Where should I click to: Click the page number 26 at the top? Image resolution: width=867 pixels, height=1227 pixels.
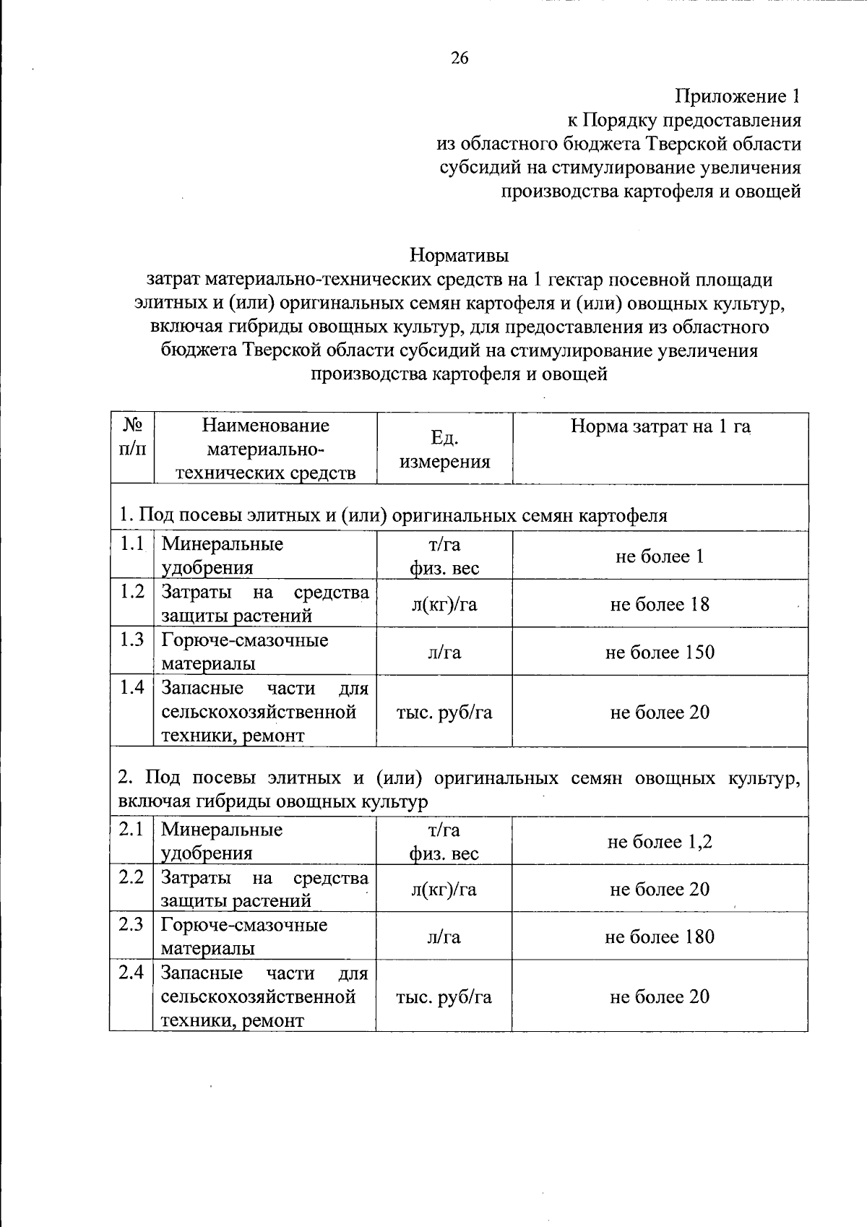460,59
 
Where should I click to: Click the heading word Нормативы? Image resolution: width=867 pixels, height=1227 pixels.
459,255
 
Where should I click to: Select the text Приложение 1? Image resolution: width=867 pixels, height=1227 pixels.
738,96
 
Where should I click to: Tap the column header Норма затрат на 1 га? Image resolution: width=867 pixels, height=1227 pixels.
660,426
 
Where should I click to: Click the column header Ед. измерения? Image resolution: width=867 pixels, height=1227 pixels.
444,449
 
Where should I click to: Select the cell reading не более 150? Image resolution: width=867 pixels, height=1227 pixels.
660,653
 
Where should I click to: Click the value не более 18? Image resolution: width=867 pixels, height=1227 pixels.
660,604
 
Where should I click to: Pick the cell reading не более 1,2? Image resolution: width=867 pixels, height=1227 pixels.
660,842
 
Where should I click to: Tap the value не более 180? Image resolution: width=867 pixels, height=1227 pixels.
660,937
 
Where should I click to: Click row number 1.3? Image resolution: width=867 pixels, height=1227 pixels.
132,640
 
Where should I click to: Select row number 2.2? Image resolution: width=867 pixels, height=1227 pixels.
131,877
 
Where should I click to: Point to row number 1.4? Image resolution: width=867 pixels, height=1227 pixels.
132,687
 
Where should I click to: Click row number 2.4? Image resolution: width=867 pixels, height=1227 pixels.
131,972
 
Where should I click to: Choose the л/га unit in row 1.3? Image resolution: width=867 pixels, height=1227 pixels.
444,653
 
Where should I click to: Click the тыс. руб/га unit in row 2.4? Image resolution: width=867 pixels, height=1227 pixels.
444,997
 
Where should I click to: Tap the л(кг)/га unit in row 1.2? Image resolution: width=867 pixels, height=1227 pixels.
444,604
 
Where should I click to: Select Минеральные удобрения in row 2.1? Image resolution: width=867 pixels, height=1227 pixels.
221,841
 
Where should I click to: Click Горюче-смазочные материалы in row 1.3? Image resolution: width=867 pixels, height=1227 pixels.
244,652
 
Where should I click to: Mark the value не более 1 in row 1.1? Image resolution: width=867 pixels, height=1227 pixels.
660,556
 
